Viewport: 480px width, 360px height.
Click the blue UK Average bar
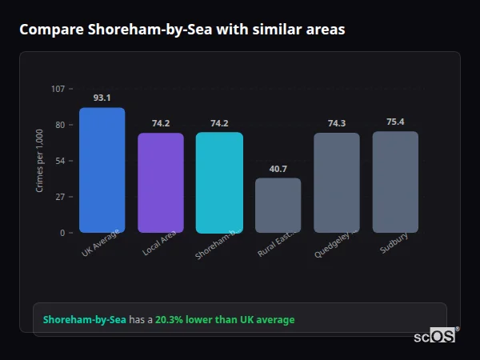(102, 170)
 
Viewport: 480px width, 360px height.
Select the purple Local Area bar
(161, 182)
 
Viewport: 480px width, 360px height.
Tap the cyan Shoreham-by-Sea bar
(219, 182)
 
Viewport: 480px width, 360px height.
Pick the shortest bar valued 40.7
(278, 205)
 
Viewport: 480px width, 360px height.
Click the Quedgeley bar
(336, 182)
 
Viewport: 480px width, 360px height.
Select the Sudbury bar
(395, 182)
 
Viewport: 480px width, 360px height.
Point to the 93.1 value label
(102, 98)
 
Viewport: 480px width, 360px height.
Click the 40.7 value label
(278, 169)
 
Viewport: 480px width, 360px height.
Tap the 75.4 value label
(395, 122)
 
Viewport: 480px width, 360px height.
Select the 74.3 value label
(336, 123)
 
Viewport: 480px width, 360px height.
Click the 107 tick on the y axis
(58, 89)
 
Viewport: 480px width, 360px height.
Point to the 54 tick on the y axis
(60, 161)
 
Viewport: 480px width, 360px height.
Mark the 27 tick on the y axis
(60, 197)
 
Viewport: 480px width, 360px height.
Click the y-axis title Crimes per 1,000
(40, 161)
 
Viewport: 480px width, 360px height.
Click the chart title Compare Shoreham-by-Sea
(182, 30)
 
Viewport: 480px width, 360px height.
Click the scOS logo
(435, 336)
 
